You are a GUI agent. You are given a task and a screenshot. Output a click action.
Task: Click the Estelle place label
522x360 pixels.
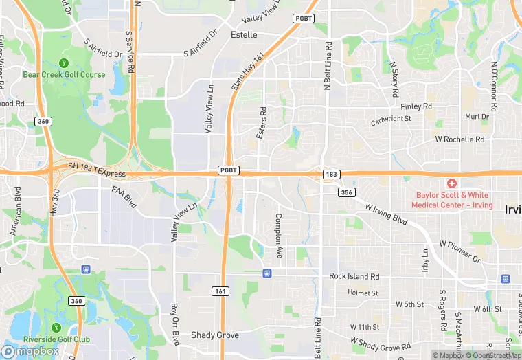point(244,34)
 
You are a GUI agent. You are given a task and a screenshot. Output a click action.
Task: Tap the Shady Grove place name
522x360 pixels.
point(215,335)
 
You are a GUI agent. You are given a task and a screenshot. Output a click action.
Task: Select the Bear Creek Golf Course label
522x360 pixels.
point(64,74)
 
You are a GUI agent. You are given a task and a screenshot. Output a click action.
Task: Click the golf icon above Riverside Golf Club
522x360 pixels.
point(56,326)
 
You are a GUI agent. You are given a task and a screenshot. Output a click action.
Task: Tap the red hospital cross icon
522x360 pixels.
point(451,183)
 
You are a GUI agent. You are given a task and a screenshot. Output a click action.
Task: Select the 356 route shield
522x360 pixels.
point(345,192)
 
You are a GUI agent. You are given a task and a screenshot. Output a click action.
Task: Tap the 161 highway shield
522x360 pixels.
point(219,291)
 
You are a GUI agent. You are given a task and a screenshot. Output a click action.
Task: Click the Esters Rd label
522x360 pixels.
point(262,123)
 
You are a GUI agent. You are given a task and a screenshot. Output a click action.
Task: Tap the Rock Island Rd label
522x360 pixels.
point(354,276)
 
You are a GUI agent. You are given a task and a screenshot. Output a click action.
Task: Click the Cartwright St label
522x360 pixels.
point(391,118)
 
